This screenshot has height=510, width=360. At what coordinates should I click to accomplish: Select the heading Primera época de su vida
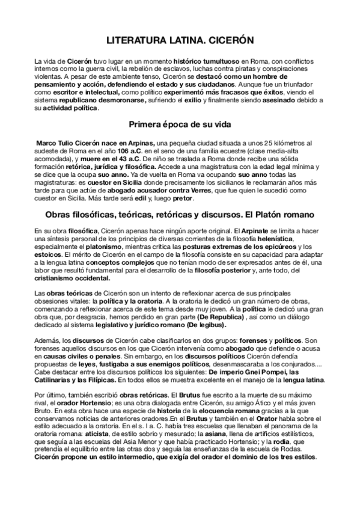180,125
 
